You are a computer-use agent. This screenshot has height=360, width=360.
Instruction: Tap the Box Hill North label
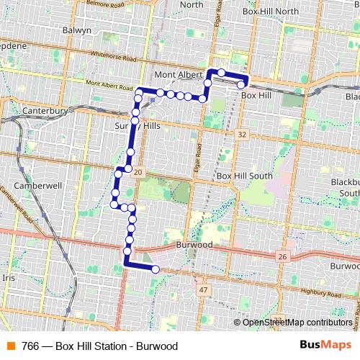tap(271, 12)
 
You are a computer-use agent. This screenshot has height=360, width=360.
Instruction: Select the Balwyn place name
tap(78, 31)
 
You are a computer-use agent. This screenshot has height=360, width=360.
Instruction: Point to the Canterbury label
tap(45, 112)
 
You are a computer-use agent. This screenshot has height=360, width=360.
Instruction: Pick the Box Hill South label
tap(244, 176)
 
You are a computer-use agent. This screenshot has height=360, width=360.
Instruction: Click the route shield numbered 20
tap(138, 171)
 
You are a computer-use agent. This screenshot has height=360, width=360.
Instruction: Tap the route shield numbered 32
tap(242, 135)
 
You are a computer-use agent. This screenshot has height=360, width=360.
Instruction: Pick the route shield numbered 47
tap(204, 289)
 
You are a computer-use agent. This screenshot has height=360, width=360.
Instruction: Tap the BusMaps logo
tap(325, 345)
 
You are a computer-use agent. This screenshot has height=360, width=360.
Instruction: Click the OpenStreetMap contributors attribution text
tap(297, 322)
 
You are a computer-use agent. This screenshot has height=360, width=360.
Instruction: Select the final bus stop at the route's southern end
tap(155, 269)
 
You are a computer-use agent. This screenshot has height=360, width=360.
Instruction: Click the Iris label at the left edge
tap(9, 277)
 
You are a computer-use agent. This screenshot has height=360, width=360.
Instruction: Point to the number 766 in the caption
tap(30, 346)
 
